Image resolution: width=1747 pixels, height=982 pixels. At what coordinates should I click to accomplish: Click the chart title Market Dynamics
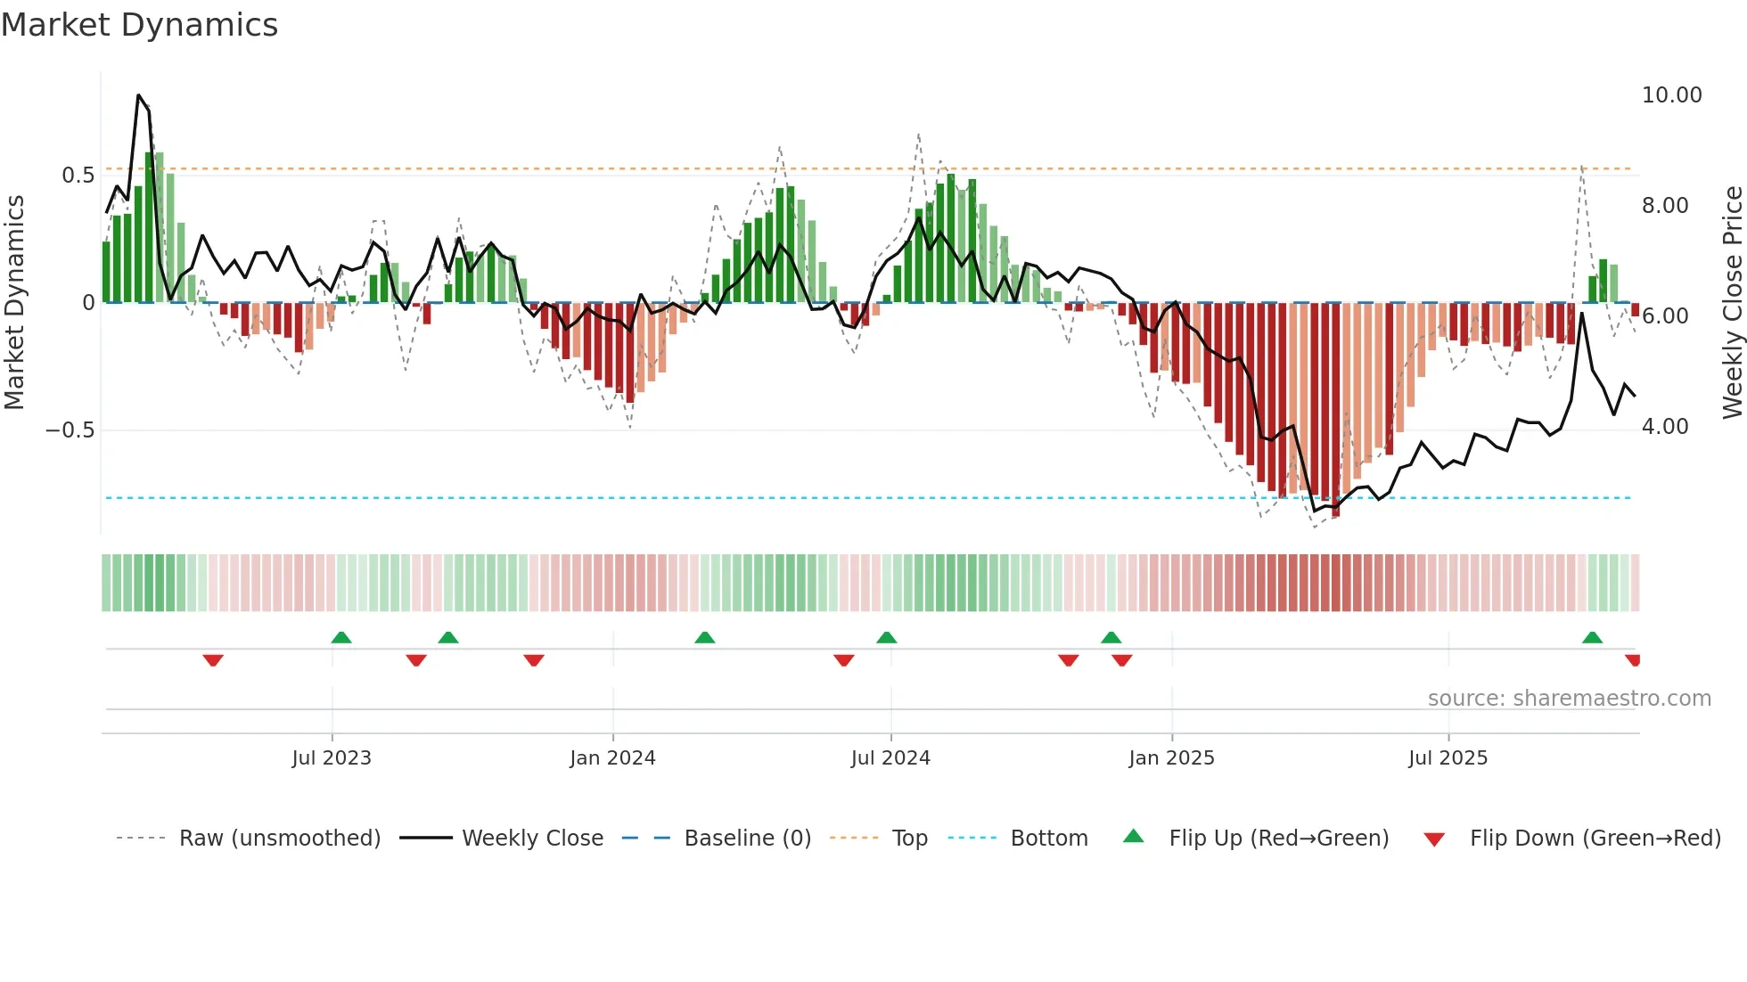coord(140,25)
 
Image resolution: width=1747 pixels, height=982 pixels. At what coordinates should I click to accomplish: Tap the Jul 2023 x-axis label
coord(332,758)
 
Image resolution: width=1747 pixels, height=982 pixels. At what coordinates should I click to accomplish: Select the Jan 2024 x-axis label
coord(612,758)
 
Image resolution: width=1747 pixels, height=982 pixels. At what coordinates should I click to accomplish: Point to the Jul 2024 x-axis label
coord(890,758)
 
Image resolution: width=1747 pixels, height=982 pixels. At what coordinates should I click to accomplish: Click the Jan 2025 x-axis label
coord(1171,758)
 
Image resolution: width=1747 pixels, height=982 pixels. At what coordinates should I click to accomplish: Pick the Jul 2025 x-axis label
coord(1448,758)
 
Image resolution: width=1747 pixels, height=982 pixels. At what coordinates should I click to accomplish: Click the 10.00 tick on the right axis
coord(1671,95)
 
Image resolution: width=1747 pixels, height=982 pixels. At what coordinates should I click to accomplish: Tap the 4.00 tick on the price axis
coord(1665,427)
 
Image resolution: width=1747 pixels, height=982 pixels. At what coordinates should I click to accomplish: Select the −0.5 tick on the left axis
coord(70,430)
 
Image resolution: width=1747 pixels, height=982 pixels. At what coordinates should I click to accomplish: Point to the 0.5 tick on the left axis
coord(78,176)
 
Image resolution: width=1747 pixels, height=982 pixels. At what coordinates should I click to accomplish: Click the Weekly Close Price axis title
coord(1732,303)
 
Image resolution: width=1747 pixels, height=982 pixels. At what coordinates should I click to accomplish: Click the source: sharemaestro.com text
coord(1569,699)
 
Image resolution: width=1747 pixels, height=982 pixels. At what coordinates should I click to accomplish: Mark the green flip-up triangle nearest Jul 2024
coord(886,638)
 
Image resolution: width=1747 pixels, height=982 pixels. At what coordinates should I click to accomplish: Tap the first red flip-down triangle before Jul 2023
coord(213,660)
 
